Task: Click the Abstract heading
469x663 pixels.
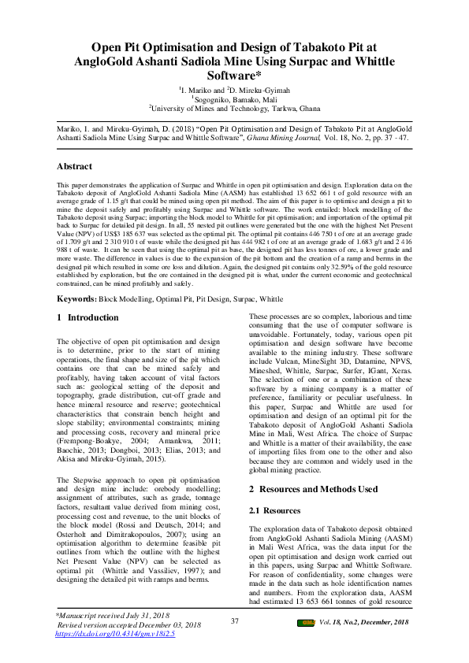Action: pos(74,167)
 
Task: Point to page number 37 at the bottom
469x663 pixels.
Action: pos(234,622)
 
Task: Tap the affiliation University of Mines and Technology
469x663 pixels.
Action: pos(236,109)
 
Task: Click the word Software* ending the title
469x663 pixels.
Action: pos(234,76)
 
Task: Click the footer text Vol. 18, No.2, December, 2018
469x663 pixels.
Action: pos(364,623)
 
